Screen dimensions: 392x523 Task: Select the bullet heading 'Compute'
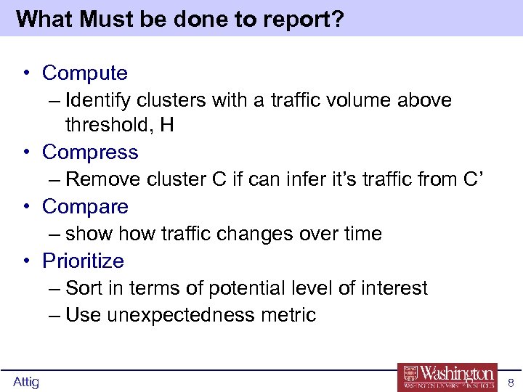point(84,73)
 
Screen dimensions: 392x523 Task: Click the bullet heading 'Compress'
point(90,152)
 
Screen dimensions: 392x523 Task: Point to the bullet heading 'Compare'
point(85,207)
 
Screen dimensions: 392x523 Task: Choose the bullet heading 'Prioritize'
point(83,261)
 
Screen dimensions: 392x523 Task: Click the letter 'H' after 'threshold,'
point(167,126)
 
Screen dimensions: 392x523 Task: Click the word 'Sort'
point(83,288)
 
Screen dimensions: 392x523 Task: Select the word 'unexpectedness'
point(179,315)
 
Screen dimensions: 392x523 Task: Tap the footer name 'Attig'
point(26,382)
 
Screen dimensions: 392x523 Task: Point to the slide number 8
point(511,383)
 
